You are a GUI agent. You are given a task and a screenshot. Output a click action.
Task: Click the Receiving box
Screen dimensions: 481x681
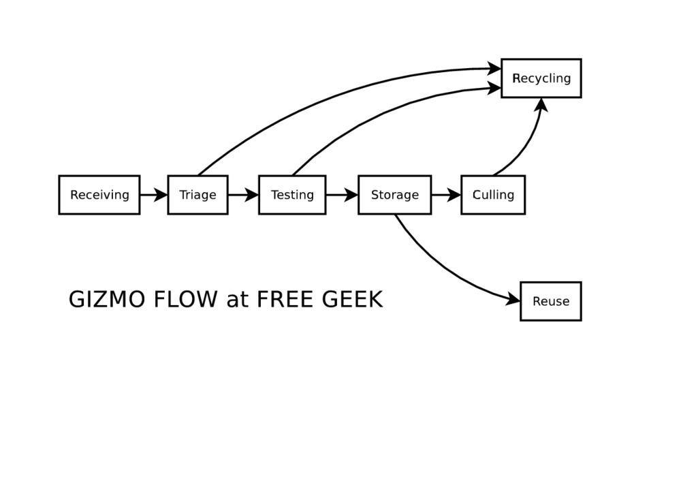point(99,195)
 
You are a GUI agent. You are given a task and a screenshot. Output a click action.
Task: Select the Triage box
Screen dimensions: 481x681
point(197,195)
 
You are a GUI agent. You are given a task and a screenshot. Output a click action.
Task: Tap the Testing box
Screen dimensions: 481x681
point(292,195)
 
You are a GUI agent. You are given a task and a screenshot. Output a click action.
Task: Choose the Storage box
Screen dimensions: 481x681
point(394,195)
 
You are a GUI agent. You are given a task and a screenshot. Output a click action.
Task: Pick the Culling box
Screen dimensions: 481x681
point(493,195)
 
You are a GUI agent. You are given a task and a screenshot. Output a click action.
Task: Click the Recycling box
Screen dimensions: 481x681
point(541,78)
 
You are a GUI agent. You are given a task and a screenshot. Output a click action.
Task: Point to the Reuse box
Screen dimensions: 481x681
point(551,301)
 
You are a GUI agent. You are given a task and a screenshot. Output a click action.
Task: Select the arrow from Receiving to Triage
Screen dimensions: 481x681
point(153,195)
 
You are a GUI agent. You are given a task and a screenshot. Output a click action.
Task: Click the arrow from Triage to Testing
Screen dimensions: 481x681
point(242,195)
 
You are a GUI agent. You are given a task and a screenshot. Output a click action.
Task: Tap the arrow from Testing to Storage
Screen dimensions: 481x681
point(341,195)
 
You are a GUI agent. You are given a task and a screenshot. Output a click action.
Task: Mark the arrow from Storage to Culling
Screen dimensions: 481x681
point(445,195)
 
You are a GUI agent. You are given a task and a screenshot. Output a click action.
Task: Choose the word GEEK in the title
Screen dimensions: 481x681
point(353,300)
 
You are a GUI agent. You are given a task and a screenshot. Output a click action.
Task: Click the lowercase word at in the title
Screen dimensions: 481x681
point(237,300)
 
